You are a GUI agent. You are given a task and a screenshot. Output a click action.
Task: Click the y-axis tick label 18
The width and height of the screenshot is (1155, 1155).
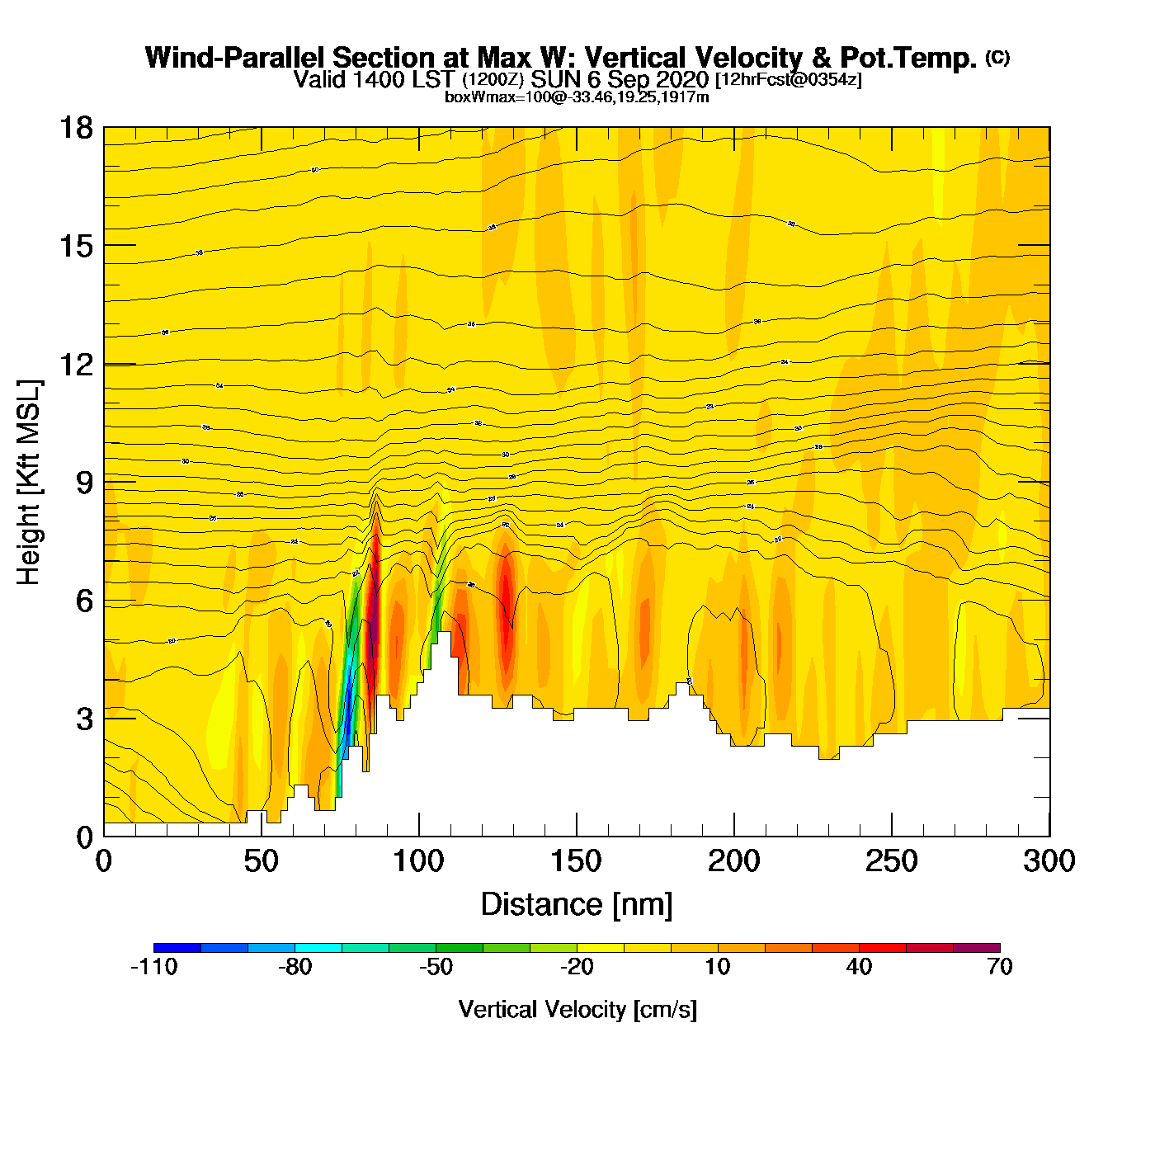click(75, 128)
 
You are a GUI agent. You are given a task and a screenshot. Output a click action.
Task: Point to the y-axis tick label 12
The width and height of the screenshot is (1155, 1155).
click(75, 364)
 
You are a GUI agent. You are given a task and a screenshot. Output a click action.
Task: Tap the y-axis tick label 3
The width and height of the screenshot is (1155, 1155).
click(85, 719)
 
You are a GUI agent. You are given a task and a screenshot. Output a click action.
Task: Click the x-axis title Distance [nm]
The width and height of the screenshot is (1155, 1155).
click(576, 905)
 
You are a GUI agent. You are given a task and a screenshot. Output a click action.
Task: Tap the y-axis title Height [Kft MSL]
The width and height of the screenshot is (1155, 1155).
click(30, 483)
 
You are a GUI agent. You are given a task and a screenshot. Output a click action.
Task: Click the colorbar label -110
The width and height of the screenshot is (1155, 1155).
click(154, 967)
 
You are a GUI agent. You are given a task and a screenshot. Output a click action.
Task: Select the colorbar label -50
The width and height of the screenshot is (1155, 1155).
click(436, 967)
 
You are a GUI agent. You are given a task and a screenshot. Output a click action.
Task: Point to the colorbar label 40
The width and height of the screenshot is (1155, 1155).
click(859, 967)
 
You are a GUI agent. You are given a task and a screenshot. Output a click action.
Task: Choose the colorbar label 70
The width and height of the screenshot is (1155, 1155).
click(999, 967)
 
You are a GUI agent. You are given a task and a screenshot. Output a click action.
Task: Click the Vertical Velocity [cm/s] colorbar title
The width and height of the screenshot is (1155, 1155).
click(577, 1009)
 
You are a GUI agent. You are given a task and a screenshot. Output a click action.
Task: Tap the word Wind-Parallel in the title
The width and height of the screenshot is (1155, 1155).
click(237, 58)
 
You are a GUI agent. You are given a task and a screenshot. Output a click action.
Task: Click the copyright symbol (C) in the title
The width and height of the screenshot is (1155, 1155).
click(997, 57)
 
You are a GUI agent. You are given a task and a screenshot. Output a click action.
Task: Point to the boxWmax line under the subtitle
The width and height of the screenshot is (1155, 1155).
click(577, 97)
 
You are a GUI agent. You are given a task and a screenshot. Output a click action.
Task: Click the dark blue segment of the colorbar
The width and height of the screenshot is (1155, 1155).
click(177, 948)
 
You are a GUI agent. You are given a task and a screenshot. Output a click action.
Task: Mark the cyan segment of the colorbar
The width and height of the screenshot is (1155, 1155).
click(318, 948)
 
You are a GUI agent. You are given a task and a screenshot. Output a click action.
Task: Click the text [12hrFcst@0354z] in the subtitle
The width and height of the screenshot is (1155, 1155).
click(788, 80)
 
